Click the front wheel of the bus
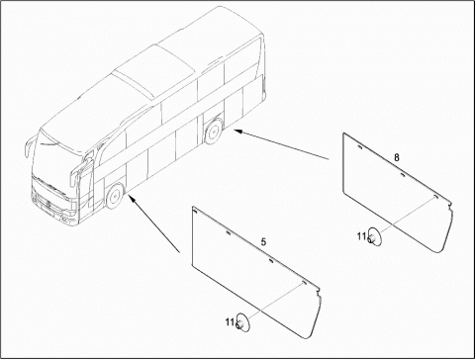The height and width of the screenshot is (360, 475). pyautogui.click(x=114, y=196)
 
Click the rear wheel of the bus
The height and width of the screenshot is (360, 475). pyautogui.click(x=214, y=132)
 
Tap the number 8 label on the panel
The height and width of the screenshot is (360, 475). pyautogui.click(x=397, y=157)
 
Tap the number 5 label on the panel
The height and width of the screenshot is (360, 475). pyautogui.click(x=263, y=242)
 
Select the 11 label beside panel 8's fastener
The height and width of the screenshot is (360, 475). pyautogui.click(x=361, y=236)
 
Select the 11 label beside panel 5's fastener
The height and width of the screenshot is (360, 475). pyautogui.click(x=230, y=321)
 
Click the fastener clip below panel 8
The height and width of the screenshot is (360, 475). pyautogui.click(x=375, y=237)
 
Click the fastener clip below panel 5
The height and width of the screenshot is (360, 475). pyautogui.click(x=243, y=321)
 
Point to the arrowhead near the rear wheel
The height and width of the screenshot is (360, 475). pyautogui.click(x=238, y=132)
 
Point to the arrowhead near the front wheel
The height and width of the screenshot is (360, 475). pyautogui.click(x=132, y=199)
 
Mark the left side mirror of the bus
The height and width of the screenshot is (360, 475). pyautogui.click(x=28, y=147)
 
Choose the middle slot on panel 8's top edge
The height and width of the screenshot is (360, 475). pyautogui.click(x=402, y=174)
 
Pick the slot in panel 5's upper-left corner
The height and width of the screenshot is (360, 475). pyautogui.click(x=195, y=211)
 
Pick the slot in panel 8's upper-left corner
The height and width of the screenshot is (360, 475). pyautogui.click(x=359, y=147)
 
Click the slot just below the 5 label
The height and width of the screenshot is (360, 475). pyautogui.click(x=271, y=260)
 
